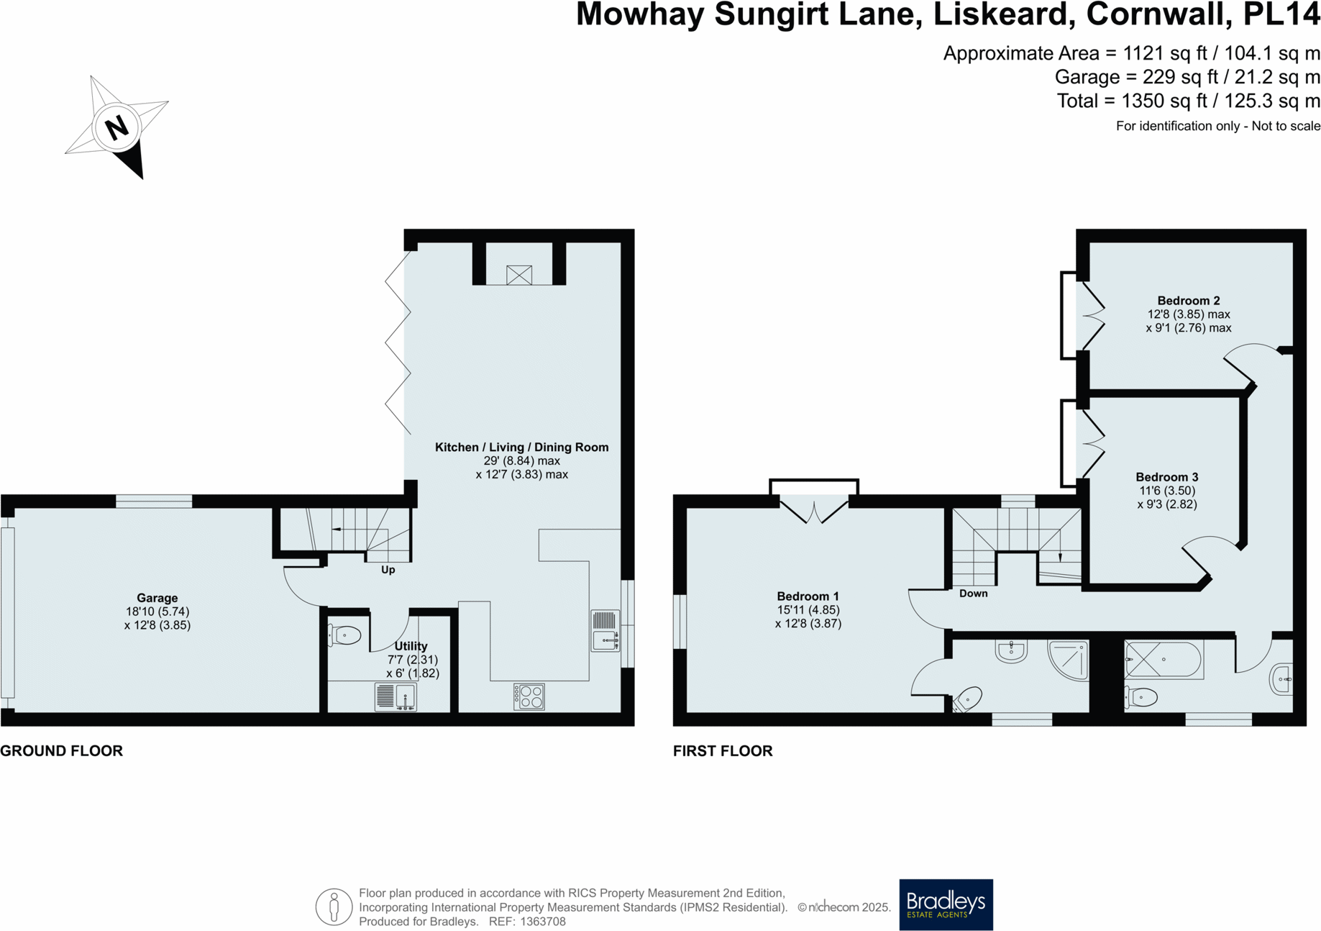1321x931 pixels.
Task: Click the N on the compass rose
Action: (116, 128)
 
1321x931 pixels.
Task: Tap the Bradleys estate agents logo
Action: (946, 904)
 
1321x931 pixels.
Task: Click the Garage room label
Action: (157, 598)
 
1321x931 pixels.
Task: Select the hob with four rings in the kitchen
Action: (529, 696)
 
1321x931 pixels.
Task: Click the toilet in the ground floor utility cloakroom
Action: (346, 635)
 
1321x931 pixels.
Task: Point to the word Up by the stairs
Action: (388, 570)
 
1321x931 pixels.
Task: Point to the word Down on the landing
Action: (973, 594)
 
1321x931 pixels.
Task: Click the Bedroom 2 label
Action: (1188, 301)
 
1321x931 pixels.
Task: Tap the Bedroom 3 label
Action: (1166, 477)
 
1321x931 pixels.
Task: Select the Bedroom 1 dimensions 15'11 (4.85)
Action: (808, 610)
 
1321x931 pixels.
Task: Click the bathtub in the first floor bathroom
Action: (1164, 659)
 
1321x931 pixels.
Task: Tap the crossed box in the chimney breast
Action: (518, 275)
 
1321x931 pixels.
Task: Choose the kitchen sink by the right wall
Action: (605, 631)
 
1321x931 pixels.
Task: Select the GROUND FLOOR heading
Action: (62, 751)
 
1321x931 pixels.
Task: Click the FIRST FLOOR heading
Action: (723, 751)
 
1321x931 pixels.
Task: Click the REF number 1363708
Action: (543, 922)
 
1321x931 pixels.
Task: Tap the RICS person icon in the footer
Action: (334, 907)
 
